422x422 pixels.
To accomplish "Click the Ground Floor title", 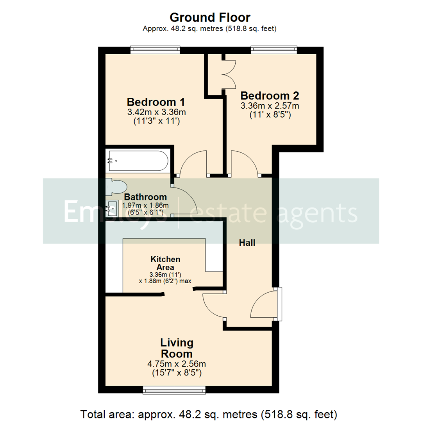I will click(210, 18).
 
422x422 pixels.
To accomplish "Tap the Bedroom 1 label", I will click(156, 102).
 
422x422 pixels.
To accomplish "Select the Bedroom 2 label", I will click(270, 96).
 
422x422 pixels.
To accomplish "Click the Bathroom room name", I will click(145, 197).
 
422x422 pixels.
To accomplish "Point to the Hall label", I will click(247, 243).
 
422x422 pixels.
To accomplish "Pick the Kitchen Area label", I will click(166, 263).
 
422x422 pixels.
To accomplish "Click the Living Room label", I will click(177, 348).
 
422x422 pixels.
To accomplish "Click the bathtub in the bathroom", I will click(138, 161).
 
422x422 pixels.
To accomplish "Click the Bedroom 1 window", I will click(155, 50).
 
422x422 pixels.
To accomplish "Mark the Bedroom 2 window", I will click(274, 50).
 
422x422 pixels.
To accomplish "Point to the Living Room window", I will click(174, 390).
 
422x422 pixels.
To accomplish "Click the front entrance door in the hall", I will click(264, 305).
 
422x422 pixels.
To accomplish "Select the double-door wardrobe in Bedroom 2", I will click(229, 74).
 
